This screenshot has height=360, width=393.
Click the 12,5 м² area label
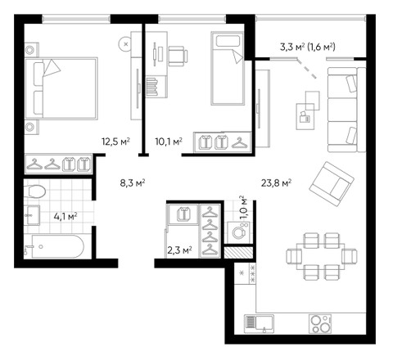[x=115, y=142]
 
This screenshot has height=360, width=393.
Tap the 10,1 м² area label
[x=169, y=142]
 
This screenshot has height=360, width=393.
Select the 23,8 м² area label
[x=276, y=182]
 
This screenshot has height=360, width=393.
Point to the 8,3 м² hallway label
[x=133, y=182]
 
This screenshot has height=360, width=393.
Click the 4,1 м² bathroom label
[x=65, y=217]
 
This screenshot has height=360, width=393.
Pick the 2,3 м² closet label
[x=179, y=250]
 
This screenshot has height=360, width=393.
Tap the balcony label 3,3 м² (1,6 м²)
[x=308, y=47]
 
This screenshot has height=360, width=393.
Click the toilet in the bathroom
[x=34, y=191]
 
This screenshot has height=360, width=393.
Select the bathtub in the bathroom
[x=54, y=246]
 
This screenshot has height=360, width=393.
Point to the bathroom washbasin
[x=34, y=215]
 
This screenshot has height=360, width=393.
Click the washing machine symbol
[x=239, y=232]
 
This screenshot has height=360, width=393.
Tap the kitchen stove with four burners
[x=320, y=324]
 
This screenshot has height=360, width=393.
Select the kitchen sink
[x=259, y=324]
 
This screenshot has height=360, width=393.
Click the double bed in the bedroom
[x=61, y=88]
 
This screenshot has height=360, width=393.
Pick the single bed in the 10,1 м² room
[x=227, y=68]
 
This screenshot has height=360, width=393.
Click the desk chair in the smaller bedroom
[x=178, y=56]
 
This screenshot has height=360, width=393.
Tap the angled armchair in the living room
[x=332, y=184]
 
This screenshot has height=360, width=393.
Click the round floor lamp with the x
[x=125, y=43]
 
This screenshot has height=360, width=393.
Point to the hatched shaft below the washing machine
[x=239, y=252]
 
